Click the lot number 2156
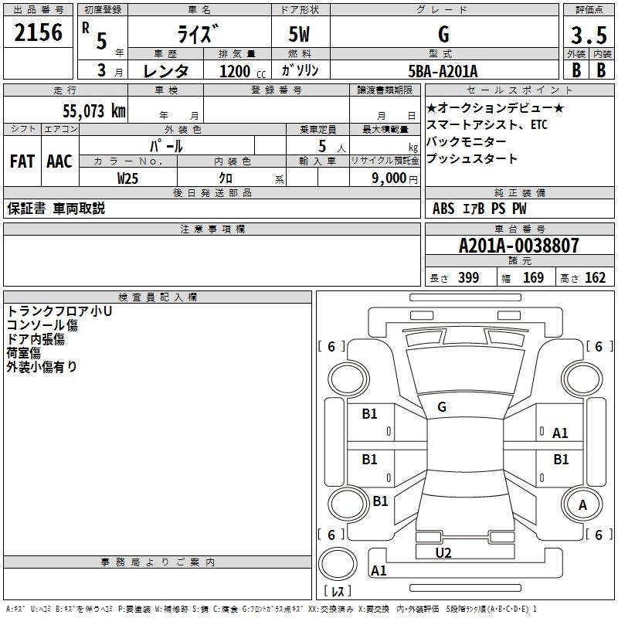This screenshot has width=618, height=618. pos(38,32)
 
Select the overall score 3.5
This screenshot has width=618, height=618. pos(589,35)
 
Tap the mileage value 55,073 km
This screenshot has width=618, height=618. pos(94,111)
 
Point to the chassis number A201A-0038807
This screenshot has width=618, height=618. pos(518,246)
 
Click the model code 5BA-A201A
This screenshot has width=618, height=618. pos(443,71)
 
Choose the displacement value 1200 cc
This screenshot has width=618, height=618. pos(243,71)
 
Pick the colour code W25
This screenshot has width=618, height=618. pos(127,178)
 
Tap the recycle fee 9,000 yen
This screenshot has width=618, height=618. pos(395,178)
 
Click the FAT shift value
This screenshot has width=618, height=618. pos(22,161)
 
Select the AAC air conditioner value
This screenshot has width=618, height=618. pos(59,161)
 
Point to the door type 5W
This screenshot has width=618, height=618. pos(299,34)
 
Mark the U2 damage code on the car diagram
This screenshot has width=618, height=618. pos(443,553)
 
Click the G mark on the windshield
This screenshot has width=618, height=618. pos(442,407)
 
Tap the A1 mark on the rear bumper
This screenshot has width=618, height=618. pos(379,570)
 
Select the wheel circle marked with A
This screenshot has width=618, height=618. pos(582,504)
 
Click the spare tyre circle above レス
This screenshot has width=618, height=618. pos(338,565)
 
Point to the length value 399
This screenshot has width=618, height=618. pos(468,277)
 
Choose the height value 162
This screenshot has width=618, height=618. pos(595,277)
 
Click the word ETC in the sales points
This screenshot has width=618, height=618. pos(538,124)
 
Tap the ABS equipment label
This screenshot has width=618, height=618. pos(443,209)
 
